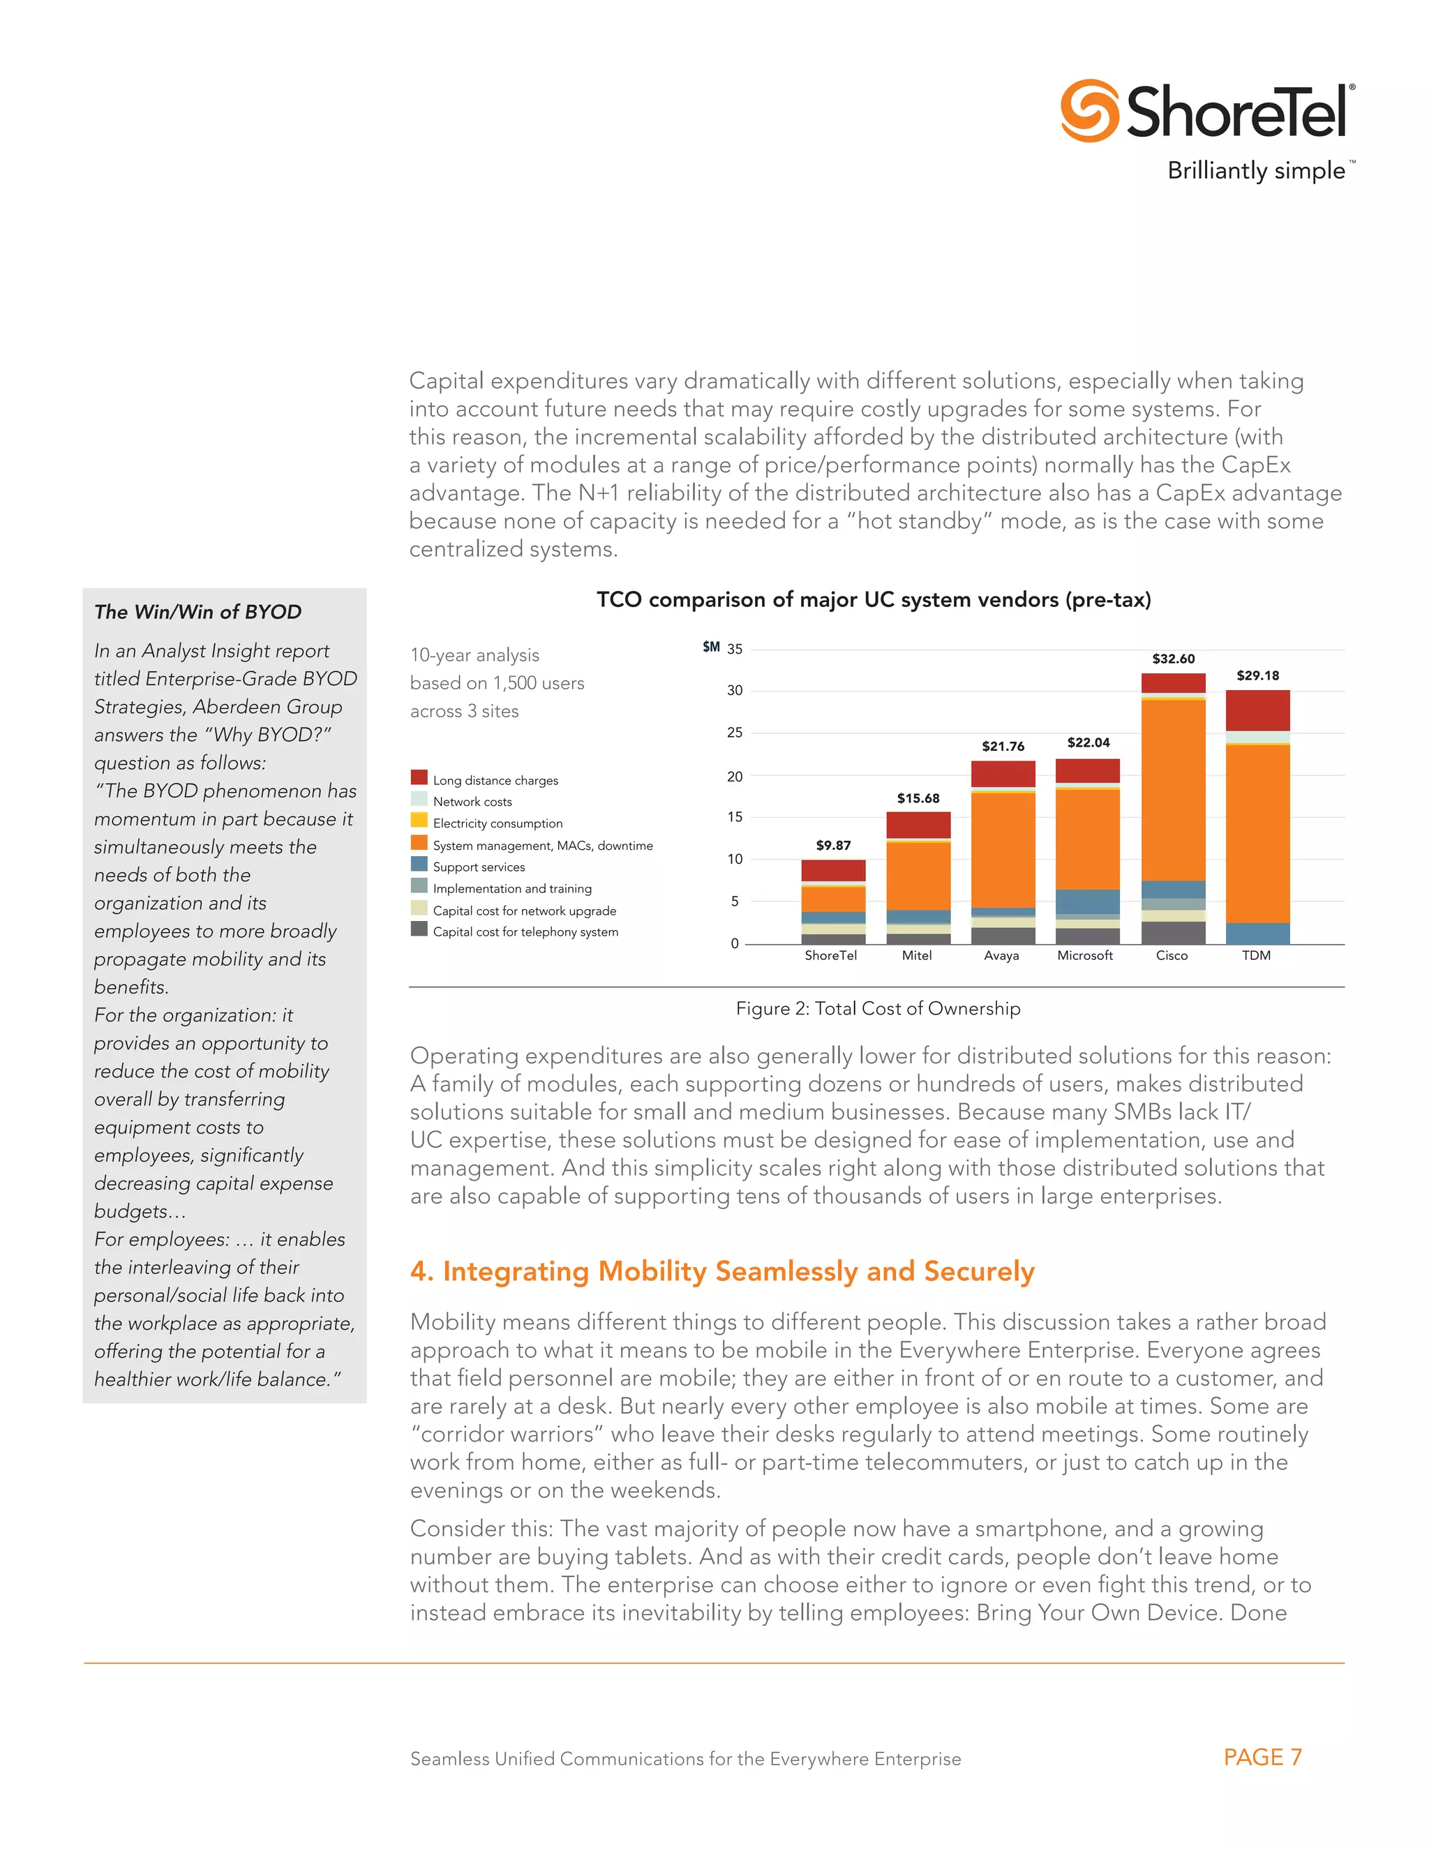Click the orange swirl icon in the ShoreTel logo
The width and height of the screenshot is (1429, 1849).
point(1089,111)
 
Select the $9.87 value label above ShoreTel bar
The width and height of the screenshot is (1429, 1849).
point(833,845)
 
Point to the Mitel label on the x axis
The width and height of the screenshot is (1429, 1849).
point(917,955)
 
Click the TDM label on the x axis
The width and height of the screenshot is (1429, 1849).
point(1256,955)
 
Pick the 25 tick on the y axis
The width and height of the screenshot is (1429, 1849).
point(734,733)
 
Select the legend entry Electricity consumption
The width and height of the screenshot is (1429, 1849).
point(497,823)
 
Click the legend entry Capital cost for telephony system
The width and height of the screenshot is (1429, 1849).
point(525,931)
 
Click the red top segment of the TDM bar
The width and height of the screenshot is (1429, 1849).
point(1257,710)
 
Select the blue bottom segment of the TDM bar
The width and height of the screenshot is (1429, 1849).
point(1257,933)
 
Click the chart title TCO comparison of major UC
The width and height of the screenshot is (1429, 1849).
point(873,599)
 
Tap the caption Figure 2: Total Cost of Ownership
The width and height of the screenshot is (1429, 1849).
point(877,1008)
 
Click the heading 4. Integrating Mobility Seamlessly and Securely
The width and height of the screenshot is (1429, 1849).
point(722,1271)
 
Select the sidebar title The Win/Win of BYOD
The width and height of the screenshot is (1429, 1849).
point(198,611)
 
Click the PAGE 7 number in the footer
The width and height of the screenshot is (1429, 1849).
point(1262,1757)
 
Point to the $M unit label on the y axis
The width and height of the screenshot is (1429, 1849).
point(711,647)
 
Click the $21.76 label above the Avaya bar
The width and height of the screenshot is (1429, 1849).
point(1003,746)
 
